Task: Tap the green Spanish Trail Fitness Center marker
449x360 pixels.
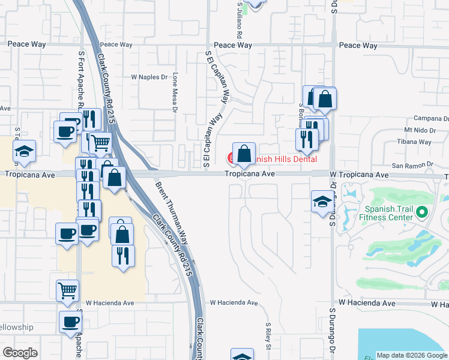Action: pyautogui.click(x=422, y=212)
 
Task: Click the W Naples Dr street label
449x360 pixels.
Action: pyautogui.click(x=150, y=77)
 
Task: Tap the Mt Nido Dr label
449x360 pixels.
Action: pyautogui.click(x=418, y=130)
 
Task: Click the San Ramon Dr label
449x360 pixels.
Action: pyautogui.click(x=412, y=165)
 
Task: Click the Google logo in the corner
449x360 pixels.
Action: pyautogui.click(x=20, y=353)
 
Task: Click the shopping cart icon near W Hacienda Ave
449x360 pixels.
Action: pyautogui.click(x=67, y=290)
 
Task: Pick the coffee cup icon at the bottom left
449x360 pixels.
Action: pyautogui.click(x=70, y=321)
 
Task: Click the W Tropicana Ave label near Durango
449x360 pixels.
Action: pyautogui.click(x=359, y=175)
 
